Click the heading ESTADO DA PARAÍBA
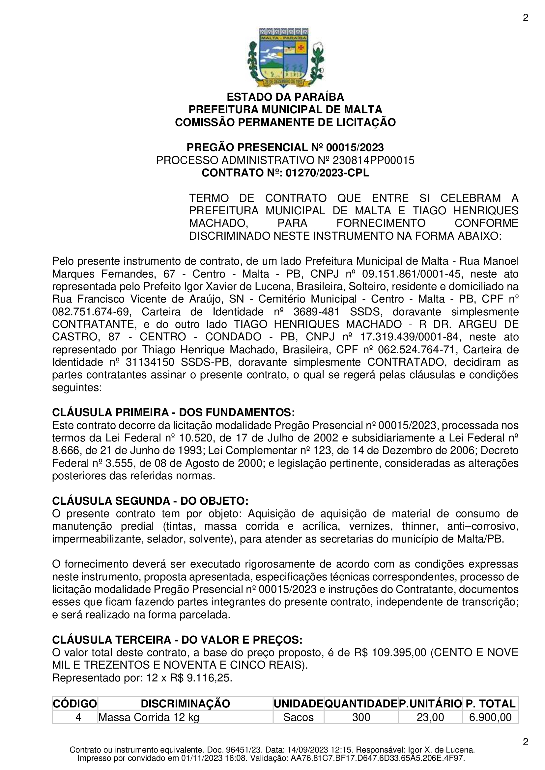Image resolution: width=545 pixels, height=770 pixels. pyautogui.click(x=285, y=97)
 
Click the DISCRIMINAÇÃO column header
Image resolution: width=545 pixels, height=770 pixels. pyautogui.click(x=185, y=704)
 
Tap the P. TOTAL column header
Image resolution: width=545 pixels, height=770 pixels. pyautogui.click(x=490, y=704)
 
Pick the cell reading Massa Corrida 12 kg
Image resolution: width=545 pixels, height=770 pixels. pyautogui.click(x=149, y=717)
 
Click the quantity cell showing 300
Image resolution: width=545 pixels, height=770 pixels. pyautogui.click(x=361, y=717)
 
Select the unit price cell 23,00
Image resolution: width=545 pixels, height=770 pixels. pyautogui.click(x=430, y=717)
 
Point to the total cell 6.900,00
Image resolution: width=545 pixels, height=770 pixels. pyautogui.click(x=490, y=717)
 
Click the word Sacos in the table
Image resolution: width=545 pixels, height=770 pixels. pyautogui.click(x=298, y=717)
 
